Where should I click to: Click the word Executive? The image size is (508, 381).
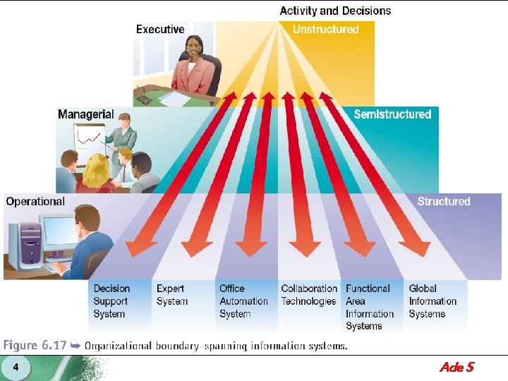coord(160,30)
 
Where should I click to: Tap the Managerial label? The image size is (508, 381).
coord(86,114)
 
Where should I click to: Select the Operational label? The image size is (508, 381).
coord(35,202)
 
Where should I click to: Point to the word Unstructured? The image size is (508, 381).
coord(325,30)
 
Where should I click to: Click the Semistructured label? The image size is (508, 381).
coord(392,114)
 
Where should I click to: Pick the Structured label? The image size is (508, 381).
coord(444,202)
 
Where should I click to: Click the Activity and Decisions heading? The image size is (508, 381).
coord(335,11)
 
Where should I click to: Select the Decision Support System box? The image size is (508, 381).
coord(111,301)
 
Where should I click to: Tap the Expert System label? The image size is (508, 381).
coord(172,295)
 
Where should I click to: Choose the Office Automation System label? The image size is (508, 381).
coord(243,301)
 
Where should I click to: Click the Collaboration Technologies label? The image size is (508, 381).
coord(309,295)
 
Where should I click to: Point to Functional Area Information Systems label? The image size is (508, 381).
coord(370,307)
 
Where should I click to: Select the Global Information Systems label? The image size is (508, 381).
coord(433,301)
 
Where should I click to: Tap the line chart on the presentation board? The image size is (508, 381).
coord(88,139)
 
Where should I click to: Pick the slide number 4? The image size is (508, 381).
coord(16,367)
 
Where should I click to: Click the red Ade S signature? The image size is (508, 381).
coord(456,367)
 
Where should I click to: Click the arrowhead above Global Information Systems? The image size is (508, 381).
coord(416,249)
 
